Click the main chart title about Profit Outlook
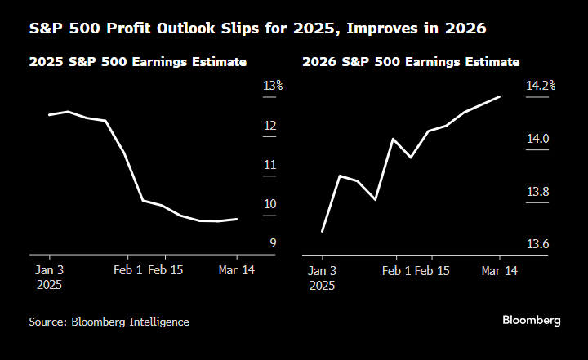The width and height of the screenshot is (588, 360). pyautogui.click(x=257, y=29)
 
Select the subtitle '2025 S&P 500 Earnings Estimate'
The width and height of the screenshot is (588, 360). pyautogui.click(x=138, y=62)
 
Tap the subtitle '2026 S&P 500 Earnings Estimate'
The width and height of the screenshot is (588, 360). pyautogui.click(x=411, y=62)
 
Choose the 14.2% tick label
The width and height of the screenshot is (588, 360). pyautogui.click(x=541, y=86)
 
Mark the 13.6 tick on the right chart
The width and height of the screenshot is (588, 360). pyautogui.click(x=537, y=244)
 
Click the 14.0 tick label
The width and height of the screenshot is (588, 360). pyautogui.click(x=537, y=139)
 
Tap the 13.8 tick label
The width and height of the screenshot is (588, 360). pyautogui.click(x=537, y=192)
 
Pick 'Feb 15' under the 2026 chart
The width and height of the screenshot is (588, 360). pyautogui.click(x=432, y=270)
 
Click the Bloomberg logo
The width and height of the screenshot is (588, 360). pyautogui.click(x=531, y=321)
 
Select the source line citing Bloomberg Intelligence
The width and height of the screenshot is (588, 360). pyautogui.click(x=109, y=322)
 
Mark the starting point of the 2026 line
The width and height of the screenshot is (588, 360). pyautogui.click(x=323, y=231)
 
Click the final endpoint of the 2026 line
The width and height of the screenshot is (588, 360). pyautogui.click(x=500, y=96)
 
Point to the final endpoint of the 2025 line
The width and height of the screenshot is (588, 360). pyautogui.click(x=237, y=219)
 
